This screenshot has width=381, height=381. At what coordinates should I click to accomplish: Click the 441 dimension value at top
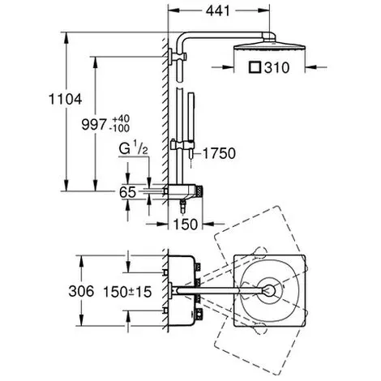click(217, 11)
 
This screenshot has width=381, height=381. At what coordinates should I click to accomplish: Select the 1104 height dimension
click(65, 99)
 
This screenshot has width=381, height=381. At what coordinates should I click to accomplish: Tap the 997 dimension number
click(94, 125)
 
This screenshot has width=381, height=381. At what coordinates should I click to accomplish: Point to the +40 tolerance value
click(121, 119)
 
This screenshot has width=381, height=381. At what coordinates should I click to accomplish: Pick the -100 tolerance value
click(119, 128)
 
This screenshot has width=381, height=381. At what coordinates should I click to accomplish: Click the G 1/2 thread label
click(134, 149)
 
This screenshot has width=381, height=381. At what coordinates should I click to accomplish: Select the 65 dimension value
click(127, 192)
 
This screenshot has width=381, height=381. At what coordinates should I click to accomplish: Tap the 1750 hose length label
click(219, 153)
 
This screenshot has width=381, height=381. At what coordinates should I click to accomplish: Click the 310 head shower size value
click(276, 67)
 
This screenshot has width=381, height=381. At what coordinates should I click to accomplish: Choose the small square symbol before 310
click(255, 67)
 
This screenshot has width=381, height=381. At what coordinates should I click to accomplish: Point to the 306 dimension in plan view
click(81, 291)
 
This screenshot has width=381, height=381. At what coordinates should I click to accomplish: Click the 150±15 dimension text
click(127, 292)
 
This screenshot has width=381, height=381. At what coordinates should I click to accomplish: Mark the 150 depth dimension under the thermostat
click(186, 225)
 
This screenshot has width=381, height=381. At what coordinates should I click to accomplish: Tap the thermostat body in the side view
click(182, 192)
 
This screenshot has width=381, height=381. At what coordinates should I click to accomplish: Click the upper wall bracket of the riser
click(177, 57)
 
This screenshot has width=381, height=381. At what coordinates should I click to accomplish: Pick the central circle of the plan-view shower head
click(269, 291)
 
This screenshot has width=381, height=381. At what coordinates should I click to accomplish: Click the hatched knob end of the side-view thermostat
click(199, 192)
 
